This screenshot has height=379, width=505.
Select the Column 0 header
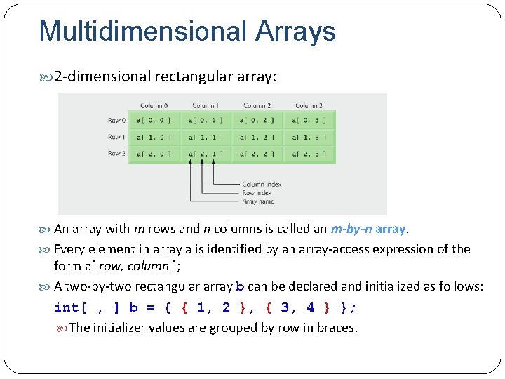coord(154,106)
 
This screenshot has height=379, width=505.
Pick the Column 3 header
coord(309,106)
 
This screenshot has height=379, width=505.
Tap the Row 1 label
coord(116,137)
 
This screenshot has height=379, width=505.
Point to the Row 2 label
coord(116,154)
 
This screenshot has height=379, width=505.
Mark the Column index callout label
coord(262,185)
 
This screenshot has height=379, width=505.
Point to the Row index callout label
coord(257,192)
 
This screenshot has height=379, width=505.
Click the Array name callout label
coord(258,200)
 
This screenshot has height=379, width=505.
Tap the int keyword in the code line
coord(67,307)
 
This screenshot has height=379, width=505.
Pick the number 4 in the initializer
coord(310,307)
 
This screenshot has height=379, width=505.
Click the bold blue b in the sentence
coord(240,286)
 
